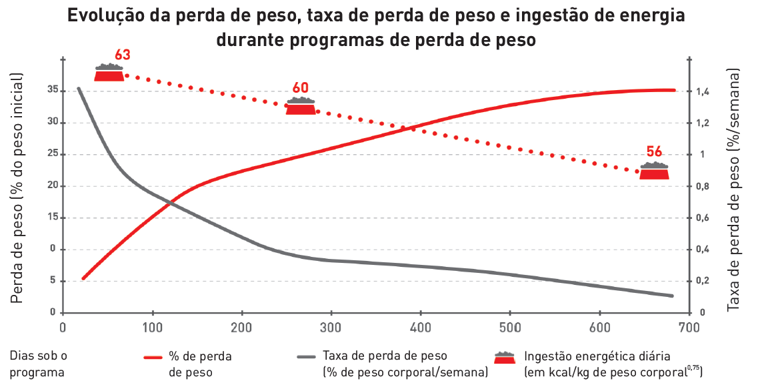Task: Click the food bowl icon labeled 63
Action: (109, 73)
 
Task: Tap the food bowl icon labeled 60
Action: (301, 106)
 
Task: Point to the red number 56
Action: (654, 151)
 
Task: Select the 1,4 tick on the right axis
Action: (701, 91)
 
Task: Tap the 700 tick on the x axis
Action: (689, 328)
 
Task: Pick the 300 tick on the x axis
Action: (331, 328)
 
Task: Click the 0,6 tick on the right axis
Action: (701, 218)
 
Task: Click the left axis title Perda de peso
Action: (18, 188)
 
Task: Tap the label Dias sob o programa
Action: (38, 364)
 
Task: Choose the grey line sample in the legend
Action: (305, 357)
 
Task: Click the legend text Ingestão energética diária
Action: (597, 356)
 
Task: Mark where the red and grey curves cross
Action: (172, 202)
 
